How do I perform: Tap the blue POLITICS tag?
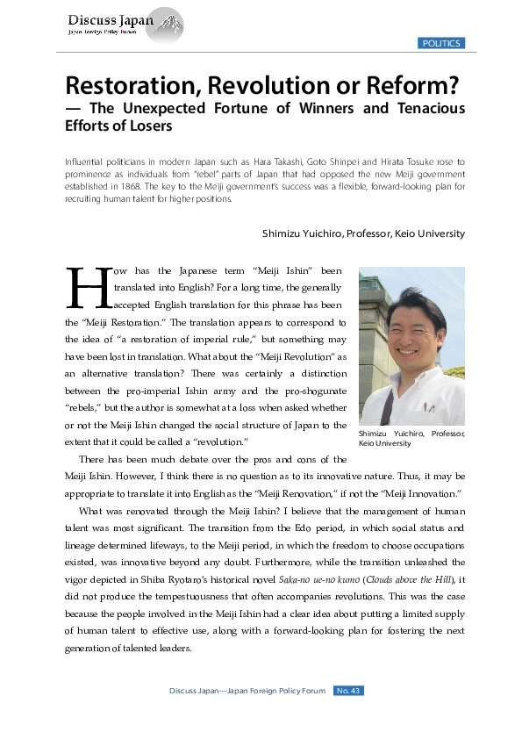pos(440,43)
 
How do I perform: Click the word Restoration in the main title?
pos(135,87)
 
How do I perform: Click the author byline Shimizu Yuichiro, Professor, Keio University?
pos(363,233)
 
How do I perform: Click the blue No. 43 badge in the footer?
pos(348,691)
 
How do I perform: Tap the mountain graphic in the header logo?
pos(168,24)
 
